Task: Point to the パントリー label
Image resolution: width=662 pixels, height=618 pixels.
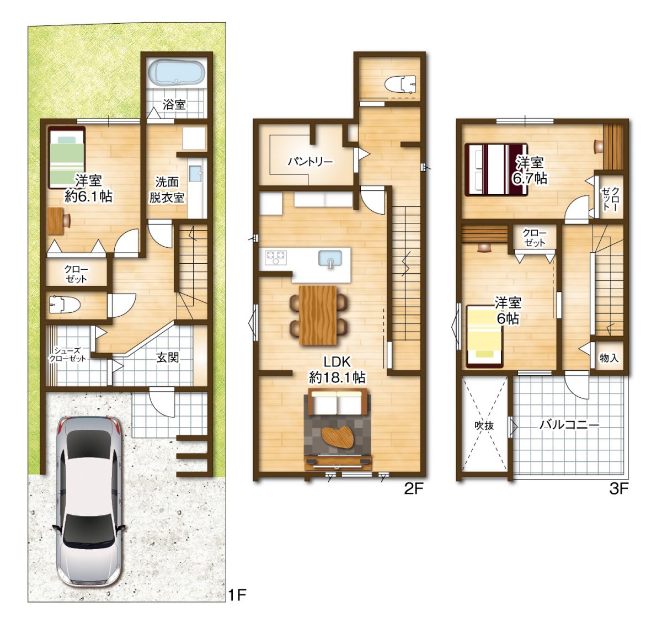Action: [x=310, y=162]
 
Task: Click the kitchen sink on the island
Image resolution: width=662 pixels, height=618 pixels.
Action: [x=330, y=258]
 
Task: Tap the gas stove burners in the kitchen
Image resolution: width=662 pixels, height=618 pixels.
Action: [x=276, y=257]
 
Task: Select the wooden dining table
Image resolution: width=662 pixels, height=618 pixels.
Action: [x=318, y=315]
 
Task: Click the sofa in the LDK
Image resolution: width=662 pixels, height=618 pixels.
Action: [x=338, y=402]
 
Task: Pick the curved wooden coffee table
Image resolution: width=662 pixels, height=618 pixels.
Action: [x=338, y=438]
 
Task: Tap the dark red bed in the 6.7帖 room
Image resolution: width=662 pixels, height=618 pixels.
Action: [x=496, y=169]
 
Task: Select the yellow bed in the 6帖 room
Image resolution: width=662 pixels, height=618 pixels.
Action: [x=484, y=337]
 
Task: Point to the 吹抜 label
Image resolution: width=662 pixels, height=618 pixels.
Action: [x=484, y=425]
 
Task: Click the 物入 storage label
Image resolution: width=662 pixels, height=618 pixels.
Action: [x=609, y=358]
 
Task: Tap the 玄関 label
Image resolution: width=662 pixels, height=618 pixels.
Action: [x=167, y=358]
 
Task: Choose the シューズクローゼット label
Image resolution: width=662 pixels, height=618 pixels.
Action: [x=67, y=355]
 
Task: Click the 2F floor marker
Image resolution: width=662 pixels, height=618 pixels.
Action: [x=413, y=489]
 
